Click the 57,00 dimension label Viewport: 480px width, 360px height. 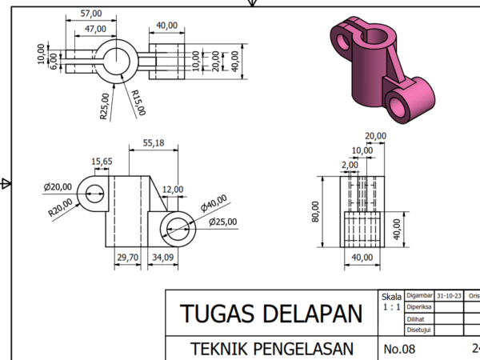pyautogui.click(x=92, y=14)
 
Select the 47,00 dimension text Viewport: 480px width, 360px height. pyautogui.click(x=95, y=29)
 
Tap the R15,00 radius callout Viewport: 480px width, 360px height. pyautogui.click(x=138, y=102)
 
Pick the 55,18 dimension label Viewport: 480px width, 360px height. pyautogui.click(x=154, y=142)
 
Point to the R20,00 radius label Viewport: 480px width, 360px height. pyautogui.click(x=59, y=207)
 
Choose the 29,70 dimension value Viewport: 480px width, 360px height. pyautogui.click(x=128, y=257)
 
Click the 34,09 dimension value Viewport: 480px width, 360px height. pyautogui.click(x=163, y=257)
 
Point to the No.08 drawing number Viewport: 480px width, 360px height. pyautogui.click(x=399, y=349)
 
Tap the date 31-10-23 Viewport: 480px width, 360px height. pyautogui.click(x=449, y=295)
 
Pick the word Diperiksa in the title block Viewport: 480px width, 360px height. pyautogui.click(x=419, y=306)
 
